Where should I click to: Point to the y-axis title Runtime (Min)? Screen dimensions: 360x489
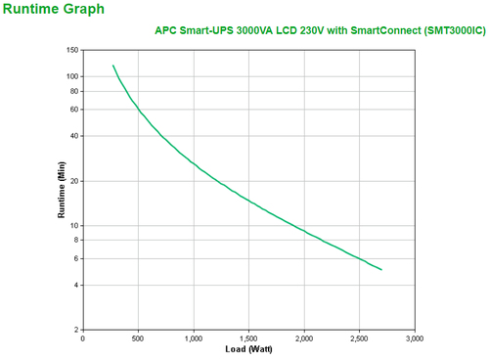[x=64, y=190]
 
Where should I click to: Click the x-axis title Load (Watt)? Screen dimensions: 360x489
[x=248, y=349]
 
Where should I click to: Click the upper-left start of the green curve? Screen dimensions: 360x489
[x=113, y=66]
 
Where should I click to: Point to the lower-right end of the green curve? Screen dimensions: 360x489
[x=381, y=270]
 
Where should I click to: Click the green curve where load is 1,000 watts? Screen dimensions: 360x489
[x=194, y=162]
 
